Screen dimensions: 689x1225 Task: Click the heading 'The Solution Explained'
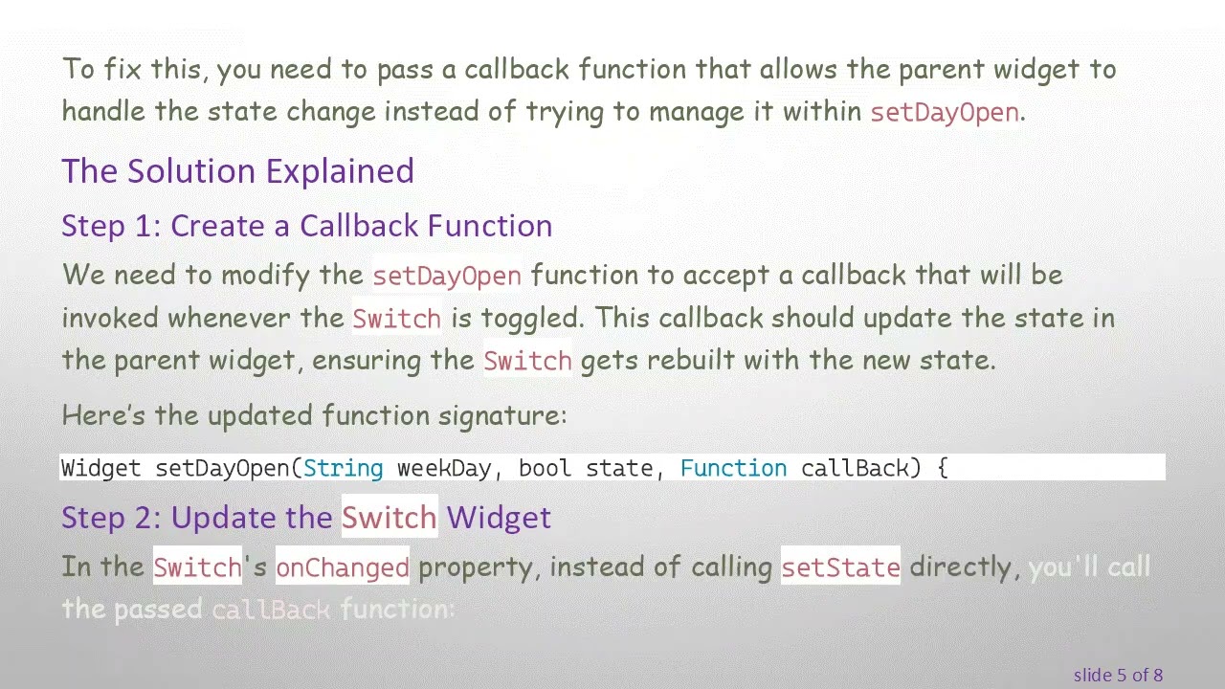click(x=237, y=171)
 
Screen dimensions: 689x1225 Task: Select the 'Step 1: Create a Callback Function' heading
click(x=306, y=226)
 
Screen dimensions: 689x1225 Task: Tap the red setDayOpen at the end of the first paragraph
click(x=944, y=112)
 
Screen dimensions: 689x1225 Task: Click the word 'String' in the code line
click(x=343, y=468)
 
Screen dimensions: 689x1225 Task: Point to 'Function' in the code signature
click(x=733, y=468)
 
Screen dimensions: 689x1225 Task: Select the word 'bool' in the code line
click(x=545, y=468)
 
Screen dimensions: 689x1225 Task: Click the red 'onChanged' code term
click(x=343, y=567)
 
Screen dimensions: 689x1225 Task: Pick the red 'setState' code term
click(x=840, y=567)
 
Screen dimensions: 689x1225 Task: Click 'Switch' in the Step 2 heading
click(x=389, y=518)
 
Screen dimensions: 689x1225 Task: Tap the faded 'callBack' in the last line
click(x=271, y=610)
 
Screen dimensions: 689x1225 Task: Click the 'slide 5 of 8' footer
click(x=1118, y=675)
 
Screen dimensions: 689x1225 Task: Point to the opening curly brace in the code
click(x=942, y=468)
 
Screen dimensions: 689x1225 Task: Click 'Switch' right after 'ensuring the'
click(x=527, y=361)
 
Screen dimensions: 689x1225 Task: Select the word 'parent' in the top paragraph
click(x=941, y=70)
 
